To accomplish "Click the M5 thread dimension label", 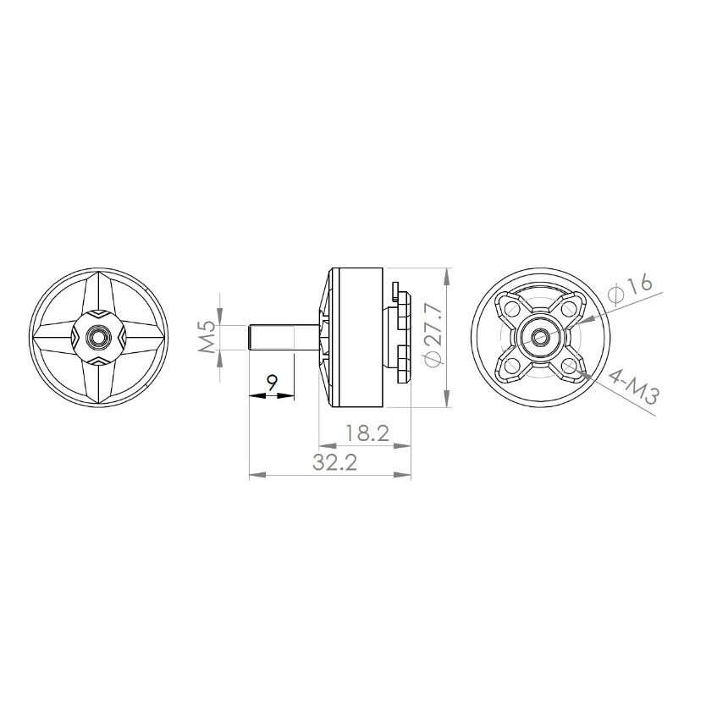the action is [x=207, y=338].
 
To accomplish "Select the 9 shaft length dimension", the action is [x=272, y=383].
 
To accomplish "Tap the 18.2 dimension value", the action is [x=367, y=433].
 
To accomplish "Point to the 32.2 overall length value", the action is [x=335, y=462].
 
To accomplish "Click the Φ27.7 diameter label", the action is [x=433, y=334].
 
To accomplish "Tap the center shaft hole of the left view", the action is [x=97, y=336].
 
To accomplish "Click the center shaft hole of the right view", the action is [x=539, y=336].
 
